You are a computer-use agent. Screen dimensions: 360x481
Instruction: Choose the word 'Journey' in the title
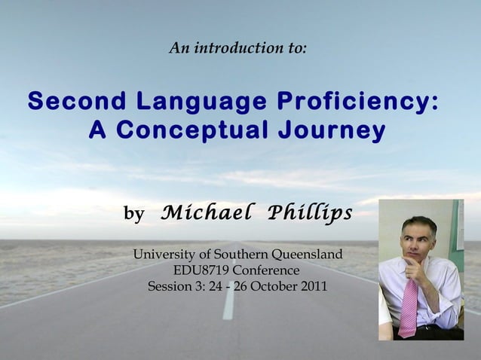click(332, 131)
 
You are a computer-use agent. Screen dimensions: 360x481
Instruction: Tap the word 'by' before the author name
click(133, 215)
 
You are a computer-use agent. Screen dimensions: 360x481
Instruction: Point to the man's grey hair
click(419, 223)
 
